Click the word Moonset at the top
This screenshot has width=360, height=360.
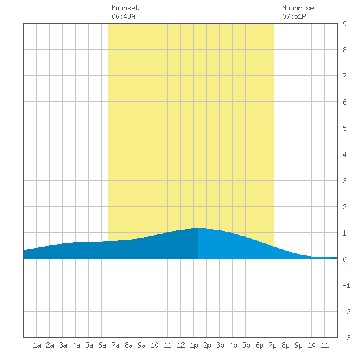point(125,8)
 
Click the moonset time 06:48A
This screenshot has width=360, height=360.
point(123,16)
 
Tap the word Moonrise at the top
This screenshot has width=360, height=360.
point(298,8)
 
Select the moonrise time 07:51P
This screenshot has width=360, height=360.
point(294,16)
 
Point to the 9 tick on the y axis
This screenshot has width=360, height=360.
point(344,24)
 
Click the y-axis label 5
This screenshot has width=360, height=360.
point(344,128)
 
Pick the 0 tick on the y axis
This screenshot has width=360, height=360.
point(344,259)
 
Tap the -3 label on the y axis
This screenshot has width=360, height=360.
point(346,338)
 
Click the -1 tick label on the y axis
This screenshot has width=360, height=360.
point(346,285)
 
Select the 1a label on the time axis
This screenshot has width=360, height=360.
point(37,345)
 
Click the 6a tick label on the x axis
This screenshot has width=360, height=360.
point(102,345)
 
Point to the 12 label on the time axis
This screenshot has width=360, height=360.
point(181,345)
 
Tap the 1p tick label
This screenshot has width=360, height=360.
point(194,346)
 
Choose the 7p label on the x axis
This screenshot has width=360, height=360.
point(272,346)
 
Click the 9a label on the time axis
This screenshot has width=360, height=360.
point(141,345)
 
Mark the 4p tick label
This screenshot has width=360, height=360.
point(233,346)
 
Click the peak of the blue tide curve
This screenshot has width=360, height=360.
point(198,228)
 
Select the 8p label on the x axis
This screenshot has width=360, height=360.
point(285,346)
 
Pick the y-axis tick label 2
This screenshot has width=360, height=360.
point(344,207)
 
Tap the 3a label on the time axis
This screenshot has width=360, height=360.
point(63,345)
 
